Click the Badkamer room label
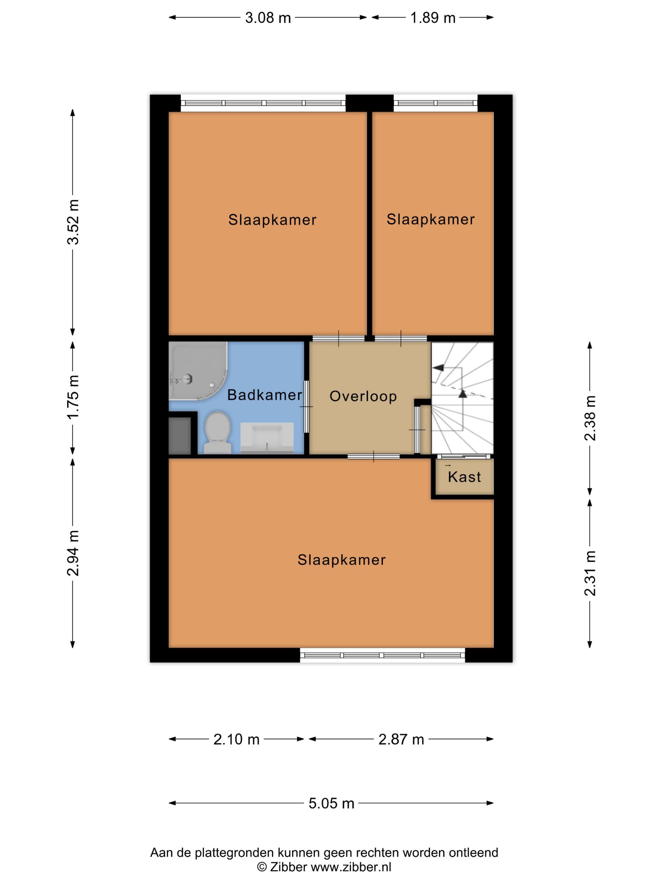(264, 395)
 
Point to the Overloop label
(363, 396)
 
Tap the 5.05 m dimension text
(331, 803)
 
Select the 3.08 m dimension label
(268, 18)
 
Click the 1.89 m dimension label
(433, 18)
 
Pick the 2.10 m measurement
(236, 739)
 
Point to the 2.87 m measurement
(401, 739)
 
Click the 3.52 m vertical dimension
(73, 222)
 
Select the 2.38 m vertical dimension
(590, 418)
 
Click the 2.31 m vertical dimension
(590, 573)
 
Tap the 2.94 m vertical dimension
(73, 553)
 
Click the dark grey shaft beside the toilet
(180, 436)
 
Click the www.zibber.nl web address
(351, 867)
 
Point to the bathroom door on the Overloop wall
(306, 406)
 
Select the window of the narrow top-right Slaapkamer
(435, 103)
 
